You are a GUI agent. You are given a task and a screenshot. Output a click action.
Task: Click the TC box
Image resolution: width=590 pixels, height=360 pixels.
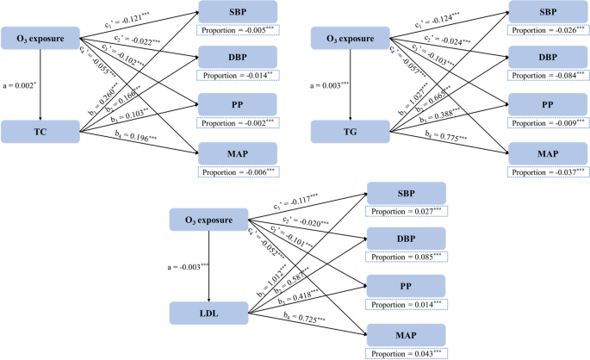pyautogui.click(x=40, y=131)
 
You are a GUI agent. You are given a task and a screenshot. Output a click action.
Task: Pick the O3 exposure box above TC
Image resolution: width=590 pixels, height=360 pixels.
pyautogui.click(x=40, y=38)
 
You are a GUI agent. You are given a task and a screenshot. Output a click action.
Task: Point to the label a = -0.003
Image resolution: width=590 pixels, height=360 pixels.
pyautogui.click(x=189, y=266)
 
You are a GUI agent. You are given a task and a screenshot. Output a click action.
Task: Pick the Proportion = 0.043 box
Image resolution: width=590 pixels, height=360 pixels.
pyautogui.click(x=407, y=352)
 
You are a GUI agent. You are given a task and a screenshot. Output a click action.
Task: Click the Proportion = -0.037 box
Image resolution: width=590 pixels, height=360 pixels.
pyautogui.click(x=549, y=171)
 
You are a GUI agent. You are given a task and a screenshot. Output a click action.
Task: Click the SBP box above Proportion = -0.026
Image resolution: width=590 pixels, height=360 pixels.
pyautogui.click(x=549, y=12)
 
